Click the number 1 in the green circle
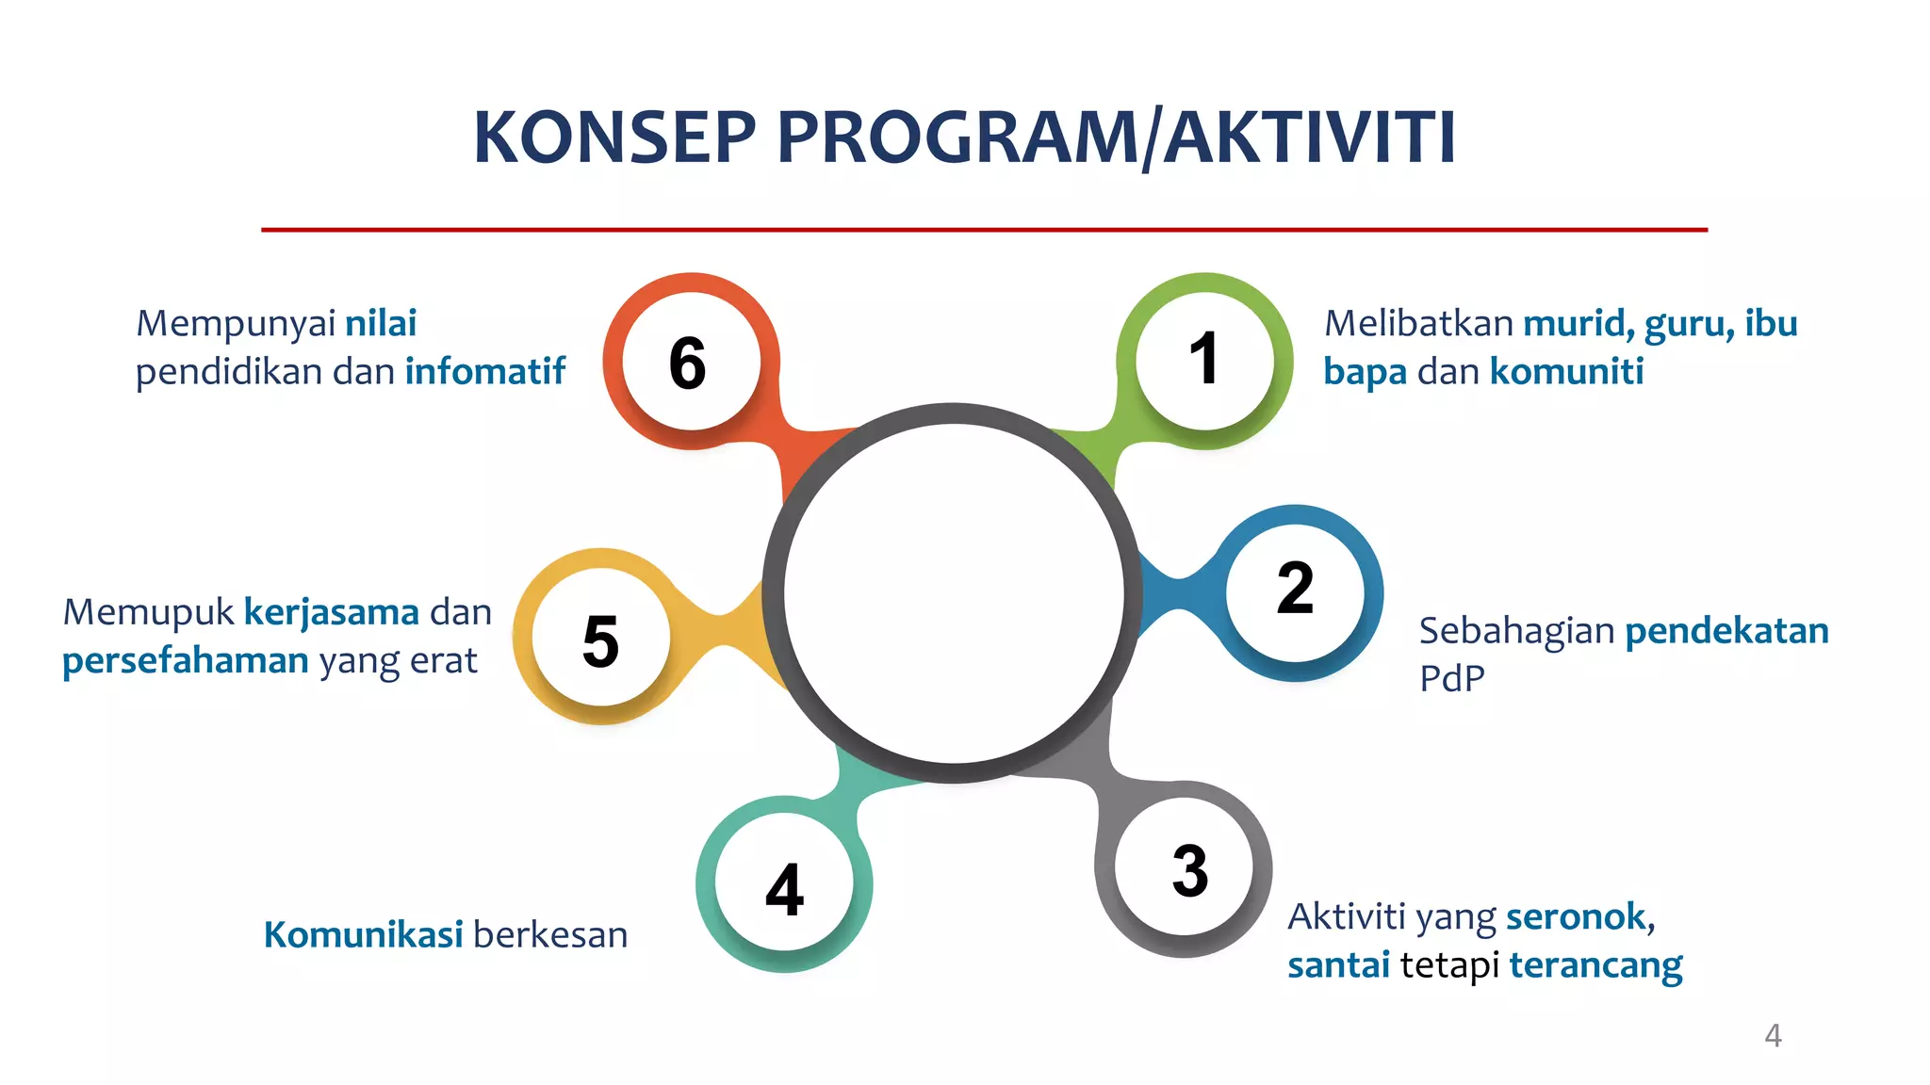[1203, 359]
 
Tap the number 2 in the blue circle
[1295, 589]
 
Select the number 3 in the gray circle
[1189, 871]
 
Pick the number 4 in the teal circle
[784, 890]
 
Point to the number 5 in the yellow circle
[600, 642]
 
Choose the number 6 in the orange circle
[687, 364]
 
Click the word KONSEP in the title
[614, 138]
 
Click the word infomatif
[484, 372]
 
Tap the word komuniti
[1566, 372]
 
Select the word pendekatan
[1726, 630]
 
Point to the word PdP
[1451, 679]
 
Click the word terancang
[1595, 966]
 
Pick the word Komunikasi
[363, 935]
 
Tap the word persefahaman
[186, 661]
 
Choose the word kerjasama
[331, 612]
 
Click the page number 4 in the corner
[1773, 1036]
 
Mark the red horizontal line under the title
[984, 229]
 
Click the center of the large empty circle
[953, 593]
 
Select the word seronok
[1578, 916]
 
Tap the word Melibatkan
[1418, 324]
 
